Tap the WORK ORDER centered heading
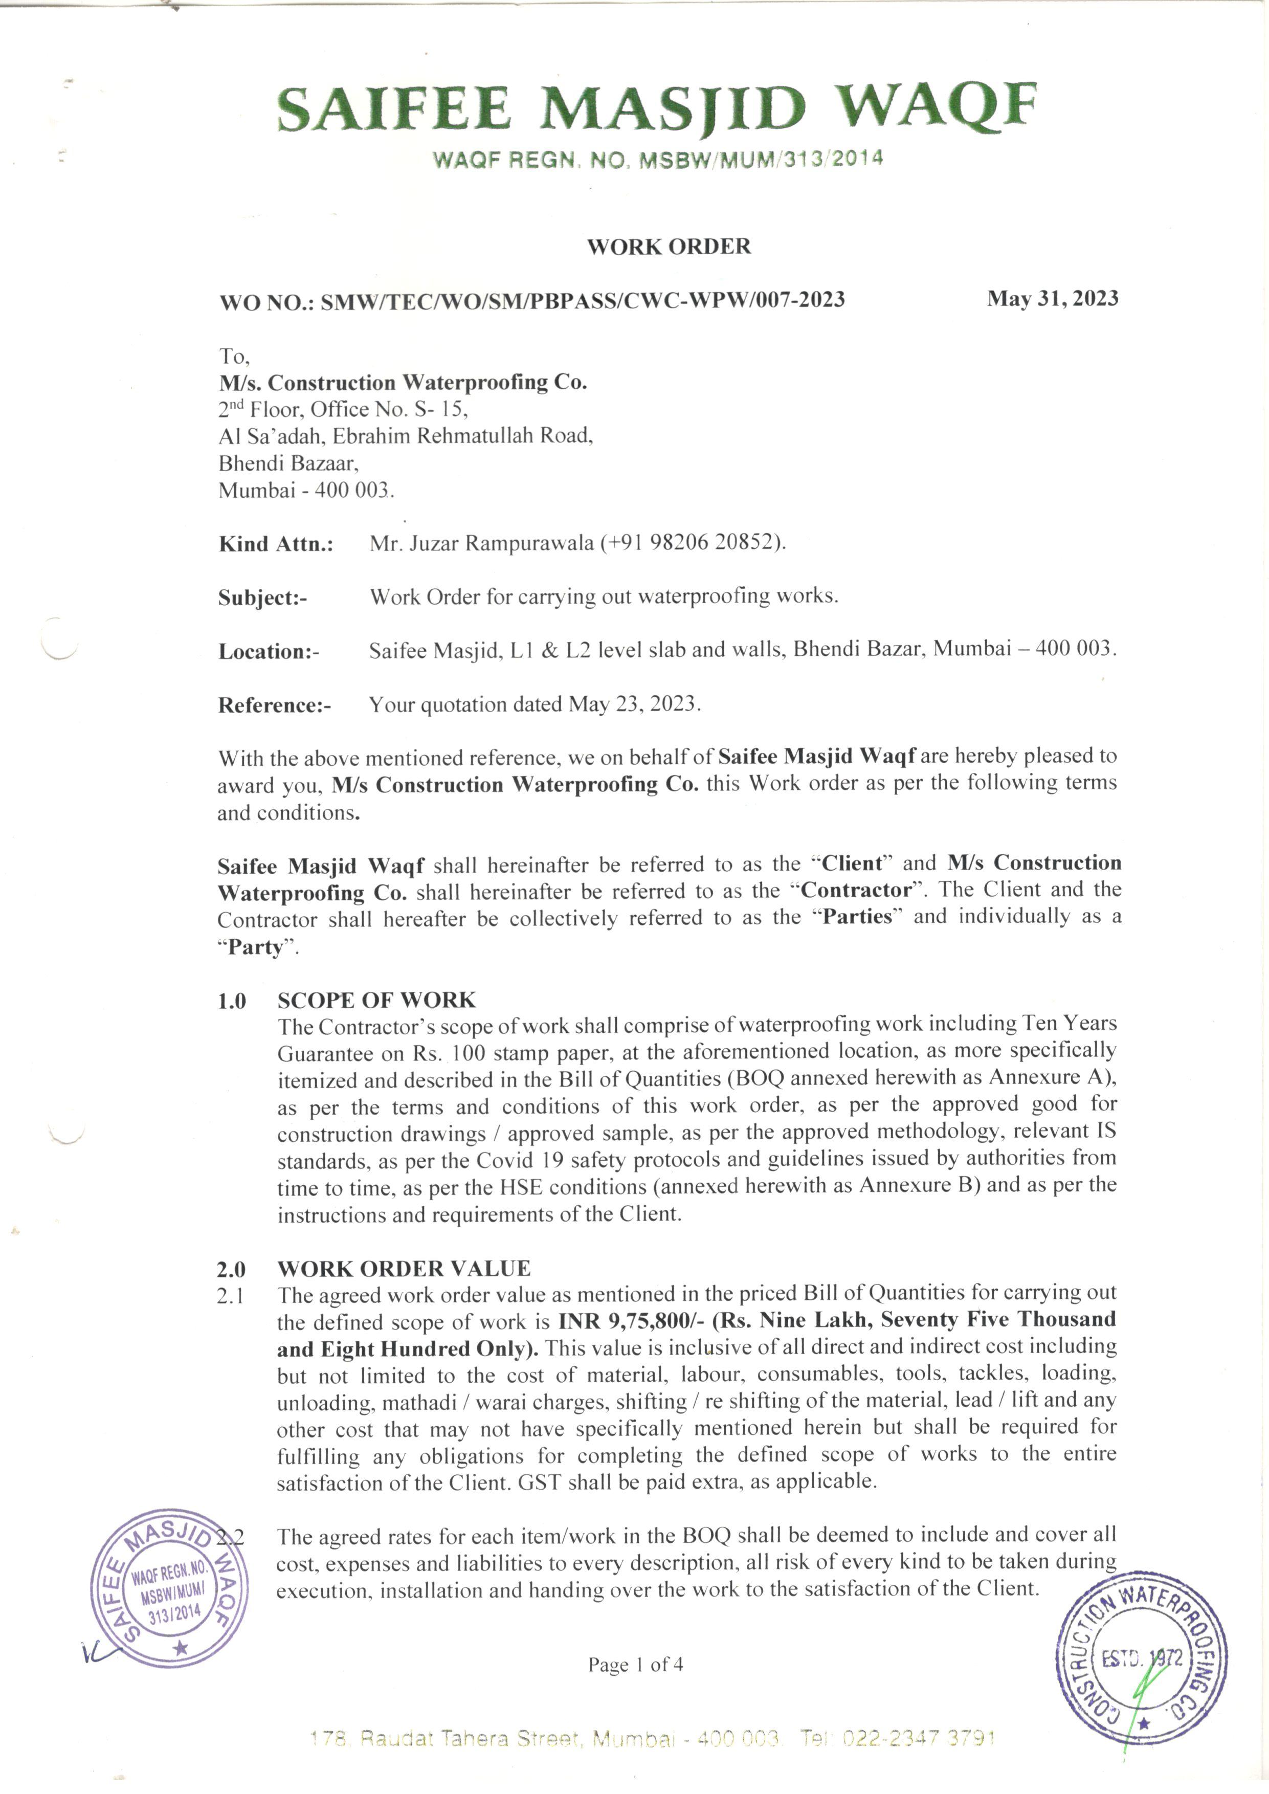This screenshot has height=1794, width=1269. [x=669, y=247]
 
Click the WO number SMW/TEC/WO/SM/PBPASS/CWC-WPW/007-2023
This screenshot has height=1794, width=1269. [x=582, y=300]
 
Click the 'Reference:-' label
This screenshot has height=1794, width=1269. [x=274, y=705]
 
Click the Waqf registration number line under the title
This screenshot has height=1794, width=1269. [x=658, y=160]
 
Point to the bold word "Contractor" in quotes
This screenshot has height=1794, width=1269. [x=857, y=891]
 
